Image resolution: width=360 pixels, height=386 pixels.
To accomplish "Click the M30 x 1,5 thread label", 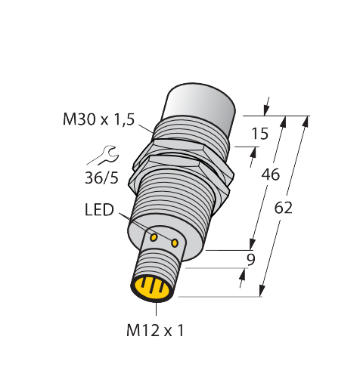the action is tap(98, 119).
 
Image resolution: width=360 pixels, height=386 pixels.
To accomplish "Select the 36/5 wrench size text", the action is tap(101, 178).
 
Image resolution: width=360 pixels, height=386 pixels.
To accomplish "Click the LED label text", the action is tap(99, 210).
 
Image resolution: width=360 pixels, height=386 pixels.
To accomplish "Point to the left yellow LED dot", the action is tap(154, 237).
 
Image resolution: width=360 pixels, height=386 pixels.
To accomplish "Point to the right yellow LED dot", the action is tap(175, 243).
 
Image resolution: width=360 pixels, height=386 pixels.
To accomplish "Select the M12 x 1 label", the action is tap(155, 330).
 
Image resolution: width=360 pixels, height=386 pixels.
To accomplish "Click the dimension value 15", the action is tap(260, 134).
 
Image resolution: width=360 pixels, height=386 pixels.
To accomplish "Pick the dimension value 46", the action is tap(271, 174).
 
